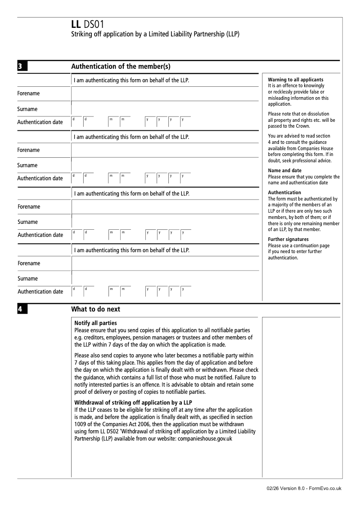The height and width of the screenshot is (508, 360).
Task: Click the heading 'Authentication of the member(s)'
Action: pyautogui.click(x=121, y=67)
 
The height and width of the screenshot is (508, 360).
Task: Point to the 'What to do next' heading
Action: pyautogui.click(x=96, y=309)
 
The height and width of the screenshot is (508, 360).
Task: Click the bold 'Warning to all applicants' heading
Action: pyautogui.click(x=295, y=80)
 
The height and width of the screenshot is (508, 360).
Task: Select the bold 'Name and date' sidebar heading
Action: pyautogui.click(x=285, y=170)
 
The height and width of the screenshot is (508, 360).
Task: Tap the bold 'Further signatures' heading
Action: pyautogui.click(x=288, y=239)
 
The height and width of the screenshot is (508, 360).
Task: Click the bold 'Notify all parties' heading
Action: pyautogui.click(x=95, y=323)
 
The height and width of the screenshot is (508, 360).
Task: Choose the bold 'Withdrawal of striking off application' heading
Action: pyautogui.click(x=133, y=402)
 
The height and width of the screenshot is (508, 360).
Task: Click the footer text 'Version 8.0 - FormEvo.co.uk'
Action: pyautogui.click(x=310, y=489)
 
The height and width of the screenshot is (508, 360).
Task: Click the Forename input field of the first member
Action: pyautogui.click(x=165, y=94)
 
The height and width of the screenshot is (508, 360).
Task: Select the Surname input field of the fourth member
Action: pyautogui.click(x=165, y=278)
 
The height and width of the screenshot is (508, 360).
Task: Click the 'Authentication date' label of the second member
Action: pyautogui.click(x=40, y=178)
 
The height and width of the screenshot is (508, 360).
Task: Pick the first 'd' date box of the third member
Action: pyautogui.click(x=76, y=235)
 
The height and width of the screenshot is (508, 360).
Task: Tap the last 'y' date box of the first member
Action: pyautogui.click(x=185, y=122)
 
